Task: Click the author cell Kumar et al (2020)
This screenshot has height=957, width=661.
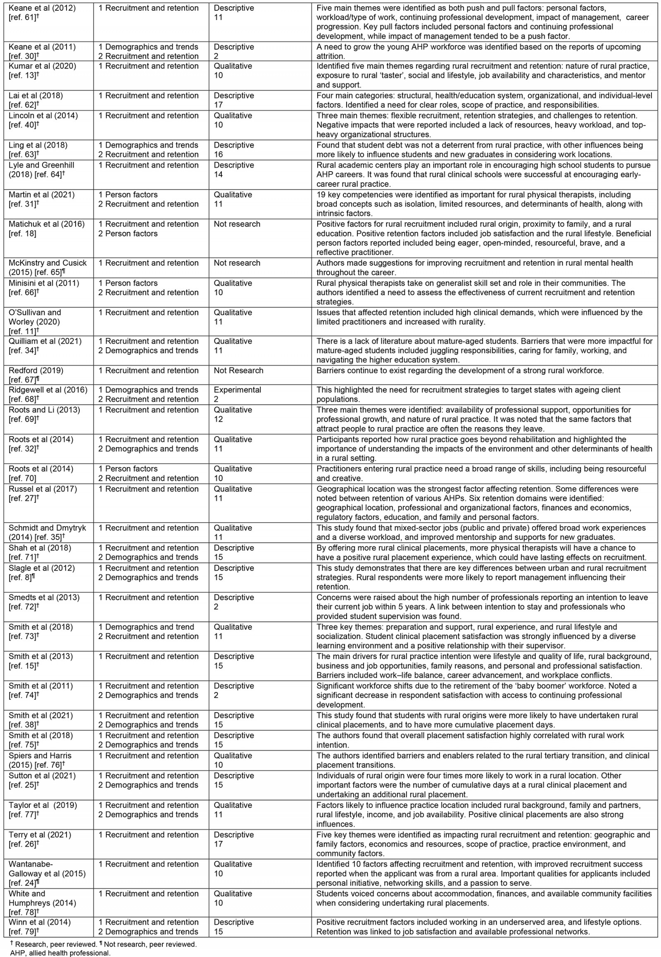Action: tap(42, 66)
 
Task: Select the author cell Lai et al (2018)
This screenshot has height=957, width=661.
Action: tap(36, 95)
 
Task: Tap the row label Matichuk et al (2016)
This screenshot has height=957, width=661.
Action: tap(46, 224)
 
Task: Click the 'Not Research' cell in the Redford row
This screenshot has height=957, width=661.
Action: tap(238, 370)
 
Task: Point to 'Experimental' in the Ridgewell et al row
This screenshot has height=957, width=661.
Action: tap(237, 389)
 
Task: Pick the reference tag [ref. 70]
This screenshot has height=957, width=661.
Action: tap(22, 478)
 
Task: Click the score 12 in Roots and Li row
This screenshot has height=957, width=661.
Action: tap(218, 419)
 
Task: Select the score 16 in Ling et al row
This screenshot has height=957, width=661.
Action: tap(218, 154)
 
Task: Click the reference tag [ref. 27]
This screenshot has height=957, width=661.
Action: tap(22, 498)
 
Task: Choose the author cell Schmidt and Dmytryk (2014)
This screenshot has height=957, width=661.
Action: tap(47, 527)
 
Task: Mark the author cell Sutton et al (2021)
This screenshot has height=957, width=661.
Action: tap(42, 775)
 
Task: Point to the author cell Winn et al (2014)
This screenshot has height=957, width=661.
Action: tap(39, 922)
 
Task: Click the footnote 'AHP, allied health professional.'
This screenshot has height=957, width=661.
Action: tap(60, 952)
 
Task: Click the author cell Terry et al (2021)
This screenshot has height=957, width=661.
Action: tap(40, 834)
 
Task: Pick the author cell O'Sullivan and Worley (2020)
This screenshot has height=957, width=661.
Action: tap(35, 312)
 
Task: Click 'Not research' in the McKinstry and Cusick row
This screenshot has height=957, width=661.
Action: tap(237, 263)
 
